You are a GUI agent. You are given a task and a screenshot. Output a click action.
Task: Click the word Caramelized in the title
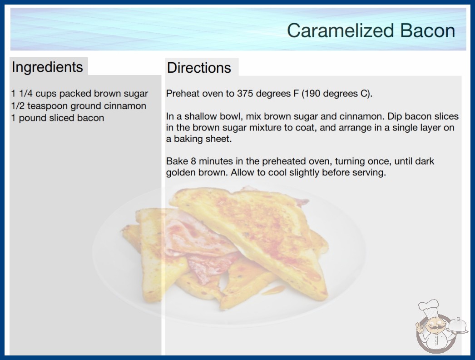pos(340,30)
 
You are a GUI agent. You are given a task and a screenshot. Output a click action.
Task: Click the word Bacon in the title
pos(427,30)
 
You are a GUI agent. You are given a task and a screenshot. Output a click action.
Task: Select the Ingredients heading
pos(47,67)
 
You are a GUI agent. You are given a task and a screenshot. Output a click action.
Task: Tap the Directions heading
pos(199,68)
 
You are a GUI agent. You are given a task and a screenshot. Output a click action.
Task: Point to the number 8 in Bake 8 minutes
pos(193,161)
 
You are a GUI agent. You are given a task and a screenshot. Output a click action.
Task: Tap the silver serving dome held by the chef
pos(457,325)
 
